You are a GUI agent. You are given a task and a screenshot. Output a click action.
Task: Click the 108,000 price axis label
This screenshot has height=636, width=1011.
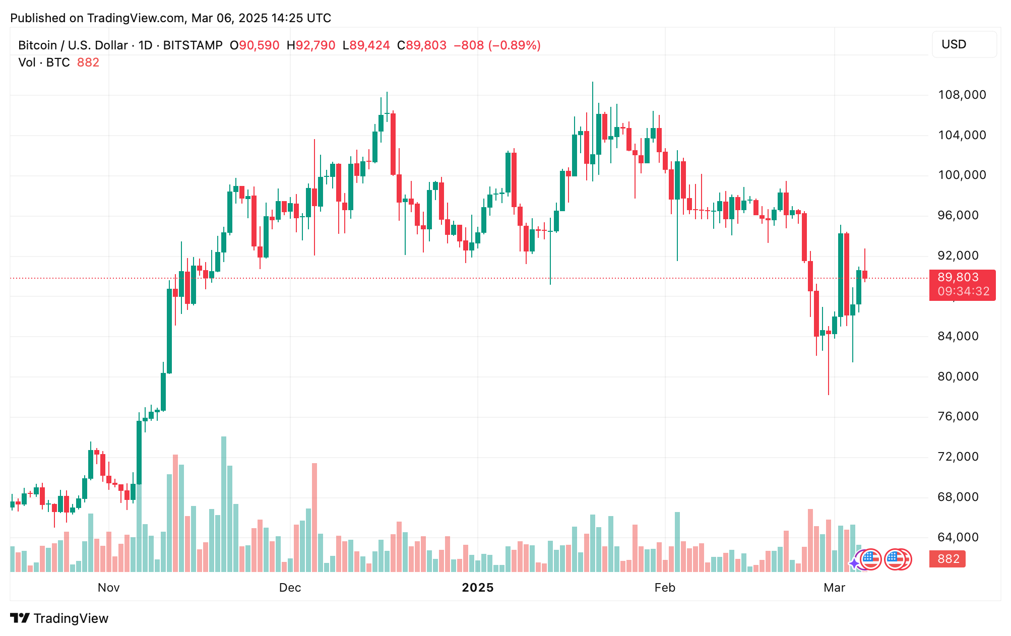[x=961, y=95]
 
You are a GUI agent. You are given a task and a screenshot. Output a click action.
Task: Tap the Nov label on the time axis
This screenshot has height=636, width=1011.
[x=108, y=588]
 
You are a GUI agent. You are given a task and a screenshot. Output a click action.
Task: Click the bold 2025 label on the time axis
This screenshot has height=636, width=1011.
[x=477, y=588]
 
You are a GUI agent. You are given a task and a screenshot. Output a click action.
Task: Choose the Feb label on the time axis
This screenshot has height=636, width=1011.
[x=664, y=588]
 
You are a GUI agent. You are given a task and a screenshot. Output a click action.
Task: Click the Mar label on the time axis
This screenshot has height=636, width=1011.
[x=834, y=588]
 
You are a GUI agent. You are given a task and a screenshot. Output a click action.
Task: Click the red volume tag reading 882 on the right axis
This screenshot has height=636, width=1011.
[x=947, y=559]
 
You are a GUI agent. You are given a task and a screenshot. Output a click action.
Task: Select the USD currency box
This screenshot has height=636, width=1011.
[x=963, y=44]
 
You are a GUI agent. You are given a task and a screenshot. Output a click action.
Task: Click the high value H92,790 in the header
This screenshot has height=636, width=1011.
[x=311, y=45]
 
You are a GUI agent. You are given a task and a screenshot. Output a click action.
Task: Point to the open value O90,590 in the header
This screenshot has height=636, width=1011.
[x=255, y=45]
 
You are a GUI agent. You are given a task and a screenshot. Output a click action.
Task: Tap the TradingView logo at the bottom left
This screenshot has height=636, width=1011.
[x=59, y=618]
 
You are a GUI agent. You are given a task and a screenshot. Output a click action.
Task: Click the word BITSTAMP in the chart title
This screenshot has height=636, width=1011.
[x=193, y=45]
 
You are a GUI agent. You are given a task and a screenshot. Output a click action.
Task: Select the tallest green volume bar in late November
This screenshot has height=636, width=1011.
[x=224, y=504]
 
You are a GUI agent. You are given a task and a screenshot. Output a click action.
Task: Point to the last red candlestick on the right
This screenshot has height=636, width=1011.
[x=865, y=274]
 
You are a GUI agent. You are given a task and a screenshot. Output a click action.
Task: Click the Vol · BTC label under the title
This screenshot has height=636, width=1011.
[x=44, y=62]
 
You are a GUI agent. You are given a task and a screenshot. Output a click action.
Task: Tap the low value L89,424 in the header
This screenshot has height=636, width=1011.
[x=366, y=45]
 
